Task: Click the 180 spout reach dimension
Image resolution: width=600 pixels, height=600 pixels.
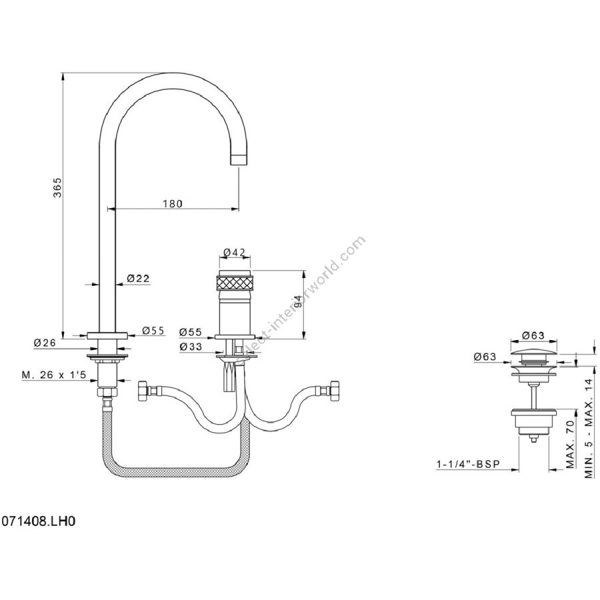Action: (171, 203)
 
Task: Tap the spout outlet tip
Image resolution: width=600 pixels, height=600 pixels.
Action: (239, 159)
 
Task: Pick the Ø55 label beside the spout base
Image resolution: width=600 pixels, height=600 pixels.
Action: (153, 331)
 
